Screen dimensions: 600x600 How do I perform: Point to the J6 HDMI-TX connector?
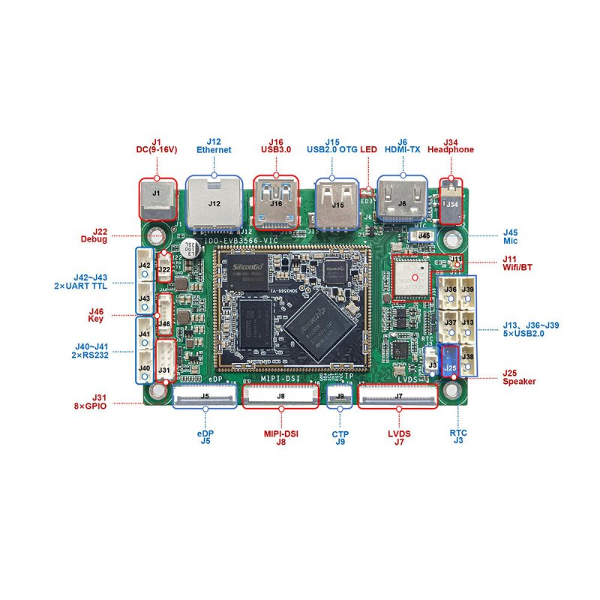[x=402, y=200]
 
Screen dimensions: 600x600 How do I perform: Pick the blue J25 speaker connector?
[x=450, y=362]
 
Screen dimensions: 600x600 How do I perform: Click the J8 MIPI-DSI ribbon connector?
[x=280, y=395]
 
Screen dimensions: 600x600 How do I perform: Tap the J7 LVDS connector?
[x=398, y=395]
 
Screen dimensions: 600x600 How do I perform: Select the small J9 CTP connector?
[x=340, y=395]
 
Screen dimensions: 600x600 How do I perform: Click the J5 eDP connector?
[x=205, y=395]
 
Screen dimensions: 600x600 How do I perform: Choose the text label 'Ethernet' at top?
[x=214, y=150]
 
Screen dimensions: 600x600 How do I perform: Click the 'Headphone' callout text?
[x=451, y=150]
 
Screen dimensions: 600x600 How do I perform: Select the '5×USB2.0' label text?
[x=530, y=334]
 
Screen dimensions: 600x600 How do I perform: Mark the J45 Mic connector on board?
[x=424, y=235]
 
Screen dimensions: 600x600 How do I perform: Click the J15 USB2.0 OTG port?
[x=337, y=202]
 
